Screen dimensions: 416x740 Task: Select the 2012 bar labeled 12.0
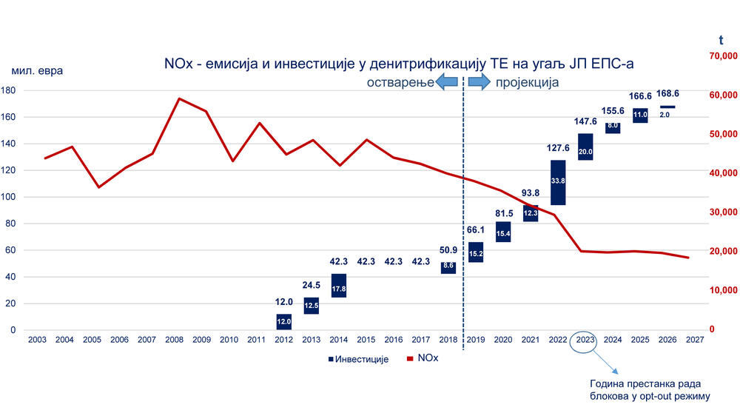(x=283, y=322)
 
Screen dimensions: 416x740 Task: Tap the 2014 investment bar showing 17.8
(x=339, y=286)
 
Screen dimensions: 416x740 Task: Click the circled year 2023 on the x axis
(x=585, y=340)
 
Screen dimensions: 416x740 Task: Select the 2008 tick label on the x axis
(x=174, y=340)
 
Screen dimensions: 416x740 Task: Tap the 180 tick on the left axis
(x=9, y=90)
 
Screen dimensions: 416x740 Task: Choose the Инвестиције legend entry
(x=357, y=360)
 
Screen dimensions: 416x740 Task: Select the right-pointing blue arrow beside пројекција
(x=480, y=83)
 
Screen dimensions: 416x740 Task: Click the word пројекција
(x=527, y=83)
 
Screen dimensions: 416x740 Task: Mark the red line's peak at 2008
(x=179, y=98)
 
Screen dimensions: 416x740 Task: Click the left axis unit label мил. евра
(x=37, y=71)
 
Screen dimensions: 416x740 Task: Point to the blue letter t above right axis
(x=721, y=40)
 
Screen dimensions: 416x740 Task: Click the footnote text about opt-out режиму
(x=649, y=390)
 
